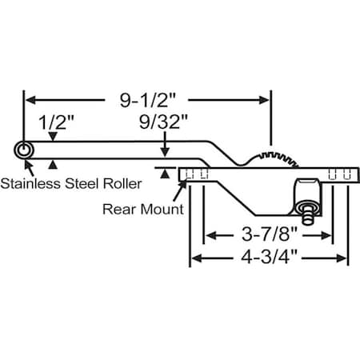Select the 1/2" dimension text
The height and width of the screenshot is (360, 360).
pos(57,122)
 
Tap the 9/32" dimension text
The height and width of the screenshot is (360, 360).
pos(164,122)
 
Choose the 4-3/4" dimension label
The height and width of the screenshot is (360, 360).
pos(269,258)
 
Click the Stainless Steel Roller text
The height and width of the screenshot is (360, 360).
pos(71,183)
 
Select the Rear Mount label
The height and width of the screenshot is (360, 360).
pos(143,209)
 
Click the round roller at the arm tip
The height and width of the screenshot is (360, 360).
pos(24,150)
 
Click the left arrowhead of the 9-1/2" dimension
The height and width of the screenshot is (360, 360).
pos(29,100)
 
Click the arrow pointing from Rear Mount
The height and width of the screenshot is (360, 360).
pos(182,186)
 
